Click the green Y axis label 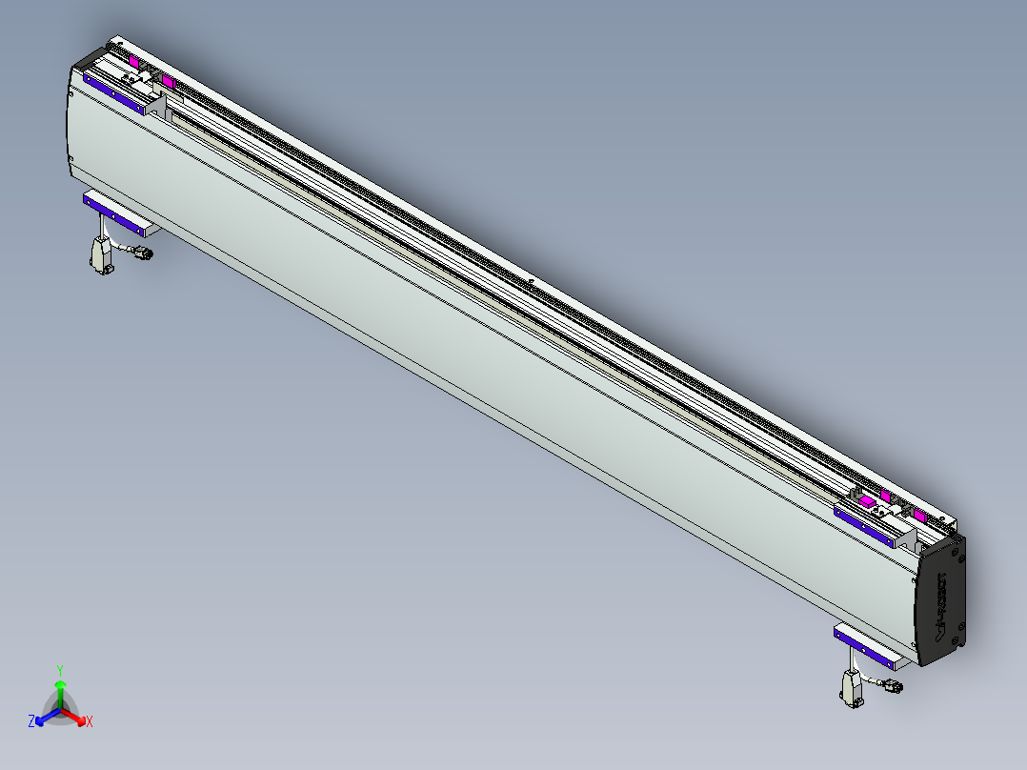(60, 669)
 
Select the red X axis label (90, 721)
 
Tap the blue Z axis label (31, 721)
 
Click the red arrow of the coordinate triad (75, 715)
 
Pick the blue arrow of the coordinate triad (46, 715)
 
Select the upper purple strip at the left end (113, 93)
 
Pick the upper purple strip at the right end (865, 526)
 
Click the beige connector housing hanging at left (99, 254)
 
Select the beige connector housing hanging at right (851, 687)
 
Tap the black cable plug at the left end (143, 253)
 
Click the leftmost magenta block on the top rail (134, 61)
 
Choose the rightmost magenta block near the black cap (919, 516)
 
